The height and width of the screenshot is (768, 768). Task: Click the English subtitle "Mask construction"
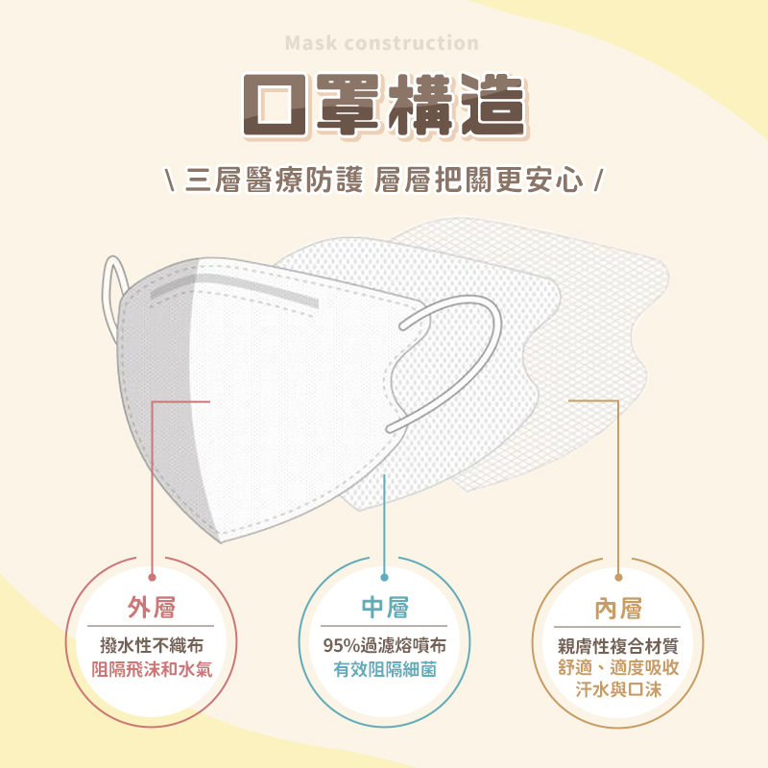382,43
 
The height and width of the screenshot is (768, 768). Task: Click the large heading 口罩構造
384,106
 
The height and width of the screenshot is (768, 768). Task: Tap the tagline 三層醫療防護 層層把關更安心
384,180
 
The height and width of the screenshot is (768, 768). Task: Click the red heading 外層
152,608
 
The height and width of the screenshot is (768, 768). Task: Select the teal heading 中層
384,608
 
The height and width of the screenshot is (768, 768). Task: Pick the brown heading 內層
617,608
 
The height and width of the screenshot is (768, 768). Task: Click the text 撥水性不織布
152,645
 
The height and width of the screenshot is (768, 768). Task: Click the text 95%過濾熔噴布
384,645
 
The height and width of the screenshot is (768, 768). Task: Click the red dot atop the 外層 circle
153,577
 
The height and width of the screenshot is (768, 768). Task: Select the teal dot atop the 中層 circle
384,577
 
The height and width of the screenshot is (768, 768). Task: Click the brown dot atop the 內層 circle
618,577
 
